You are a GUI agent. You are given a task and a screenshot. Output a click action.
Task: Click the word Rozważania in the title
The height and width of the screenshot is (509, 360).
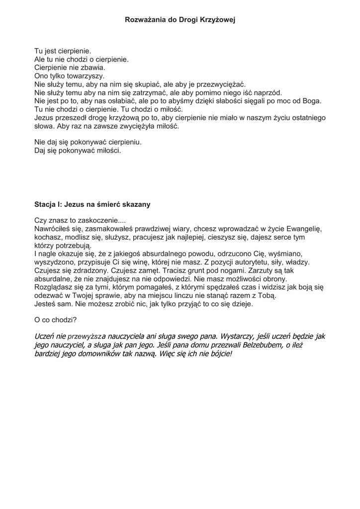(x=145, y=20)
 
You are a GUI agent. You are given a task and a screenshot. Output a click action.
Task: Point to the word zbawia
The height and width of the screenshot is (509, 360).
(x=91, y=68)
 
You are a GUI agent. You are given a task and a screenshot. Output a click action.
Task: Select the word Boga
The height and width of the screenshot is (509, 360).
(x=311, y=101)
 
